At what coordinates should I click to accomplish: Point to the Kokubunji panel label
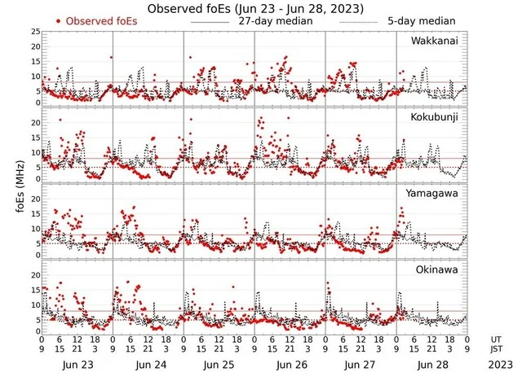coord(435,117)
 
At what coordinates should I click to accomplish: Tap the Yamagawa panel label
coord(435,194)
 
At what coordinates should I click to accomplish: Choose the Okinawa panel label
coord(438,270)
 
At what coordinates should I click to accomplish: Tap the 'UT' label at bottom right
coord(497,339)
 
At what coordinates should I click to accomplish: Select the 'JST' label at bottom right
coord(497,350)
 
